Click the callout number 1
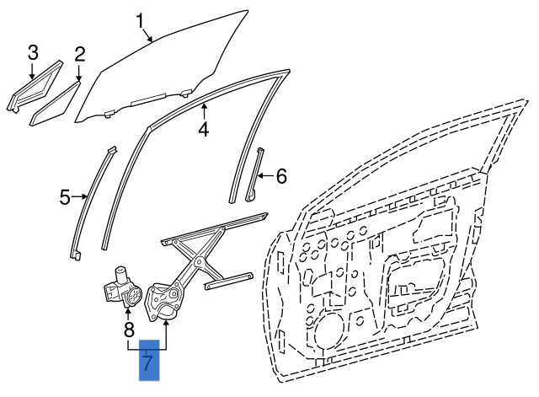pyautogui.click(x=141, y=19)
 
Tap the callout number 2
pyautogui.click(x=79, y=56)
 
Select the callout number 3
pyautogui.click(x=33, y=53)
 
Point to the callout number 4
pyautogui.click(x=203, y=130)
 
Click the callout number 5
pyautogui.click(x=65, y=198)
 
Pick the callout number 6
pyautogui.click(x=281, y=176)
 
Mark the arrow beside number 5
pyautogui.click(x=81, y=198)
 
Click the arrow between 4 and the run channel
pyautogui.click(x=203, y=111)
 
